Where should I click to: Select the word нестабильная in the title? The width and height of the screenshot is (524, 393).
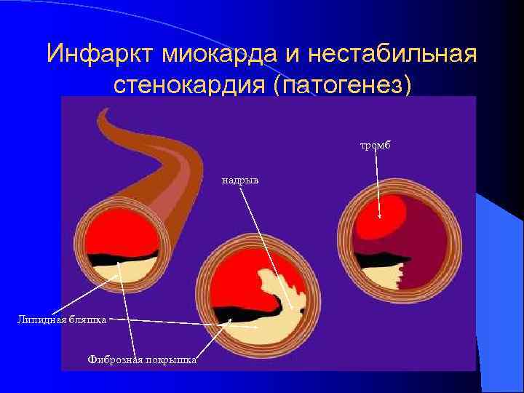tap(392, 53)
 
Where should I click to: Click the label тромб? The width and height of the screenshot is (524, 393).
tap(375, 146)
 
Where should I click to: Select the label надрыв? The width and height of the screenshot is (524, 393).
tap(241, 178)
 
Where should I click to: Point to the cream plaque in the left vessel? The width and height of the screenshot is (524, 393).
tap(116, 273)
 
